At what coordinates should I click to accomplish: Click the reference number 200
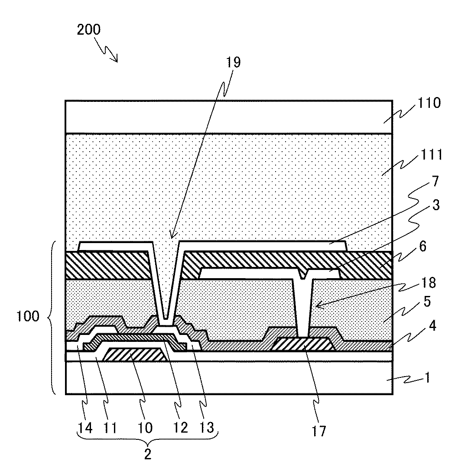pyautogui.click(x=88, y=30)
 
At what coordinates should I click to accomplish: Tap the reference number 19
pyautogui.click(x=233, y=62)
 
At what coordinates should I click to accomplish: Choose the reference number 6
pyautogui.click(x=422, y=247)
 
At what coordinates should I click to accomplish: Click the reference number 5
pyautogui.click(x=426, y=302)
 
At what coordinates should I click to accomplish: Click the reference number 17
pyautogui.click(x=318, y=430)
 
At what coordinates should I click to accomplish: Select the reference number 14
pyautogui.click(x=85, y=428)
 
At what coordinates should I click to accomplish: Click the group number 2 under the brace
pyautogui.click(x=148, y=455)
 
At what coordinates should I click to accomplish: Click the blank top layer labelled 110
pyautogui.click(x=229, y=117)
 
